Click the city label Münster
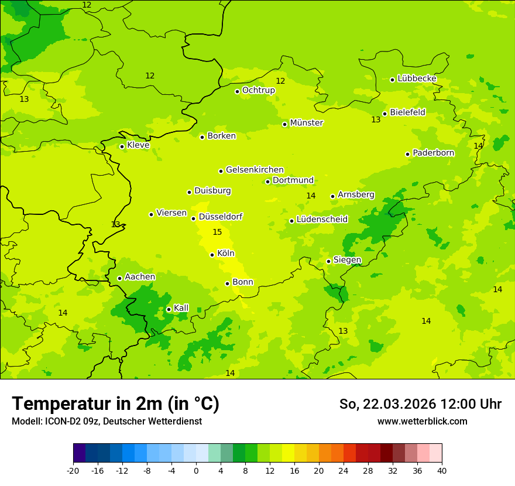coord(306,123)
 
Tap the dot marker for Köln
coord(212,255)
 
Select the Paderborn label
coord(433,153)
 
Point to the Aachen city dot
coord(119,278)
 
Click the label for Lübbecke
coord(417,78)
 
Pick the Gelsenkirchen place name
coord(255,170)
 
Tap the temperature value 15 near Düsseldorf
coord(217,232)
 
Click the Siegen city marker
coord(328,261)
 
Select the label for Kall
coord(181,308)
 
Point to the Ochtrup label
coord(258,90)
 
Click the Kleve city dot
coord(122,146)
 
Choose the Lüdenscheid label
coord(322,220)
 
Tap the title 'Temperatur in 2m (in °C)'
coord(115,404)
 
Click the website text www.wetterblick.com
coord(422,422)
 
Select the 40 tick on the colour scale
coord(442,470)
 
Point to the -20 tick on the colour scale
coord(73,470)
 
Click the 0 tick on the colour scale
coord(196,470)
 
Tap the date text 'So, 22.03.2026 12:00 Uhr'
coord(420,404)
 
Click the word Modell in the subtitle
coord(26,422)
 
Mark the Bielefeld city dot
coord(384,114)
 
